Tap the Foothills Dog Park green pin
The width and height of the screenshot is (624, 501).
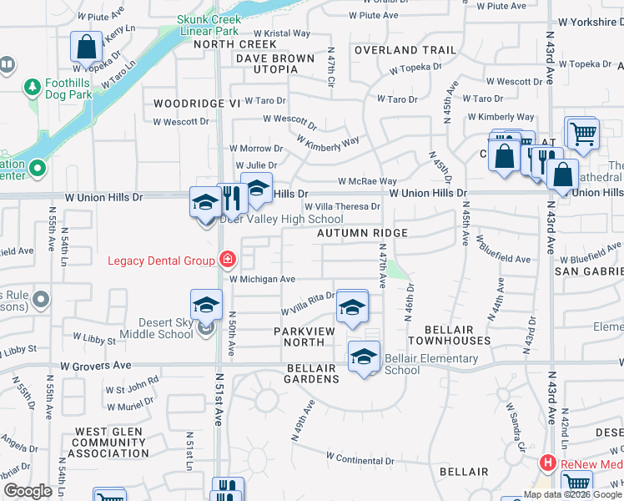click(x=33, y=87)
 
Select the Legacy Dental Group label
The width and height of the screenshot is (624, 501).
click(x=161, y=261)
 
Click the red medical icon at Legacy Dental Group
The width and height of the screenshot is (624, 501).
click(x=224, y=260)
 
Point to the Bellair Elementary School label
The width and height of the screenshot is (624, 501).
click(x=431, y=365)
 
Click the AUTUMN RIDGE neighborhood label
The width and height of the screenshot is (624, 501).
click(x=363, y=233)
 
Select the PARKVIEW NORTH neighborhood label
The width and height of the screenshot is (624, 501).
click(x=298, y=337)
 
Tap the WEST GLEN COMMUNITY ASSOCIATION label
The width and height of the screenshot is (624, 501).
click(x=108, y=443)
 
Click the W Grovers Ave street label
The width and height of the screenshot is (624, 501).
click(x=96, y=366)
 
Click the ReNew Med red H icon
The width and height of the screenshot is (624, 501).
click(x=548, y=462)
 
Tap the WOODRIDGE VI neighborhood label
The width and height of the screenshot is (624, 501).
click(x=196, y=103)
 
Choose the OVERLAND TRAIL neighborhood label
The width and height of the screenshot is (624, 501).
click(x=405, y=50)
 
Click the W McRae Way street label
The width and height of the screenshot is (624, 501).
click(x=367, y=181)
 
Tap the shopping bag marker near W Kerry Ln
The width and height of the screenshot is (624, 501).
click(x=86, y=48)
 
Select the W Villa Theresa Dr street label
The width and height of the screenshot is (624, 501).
click(x=342, y=206)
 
